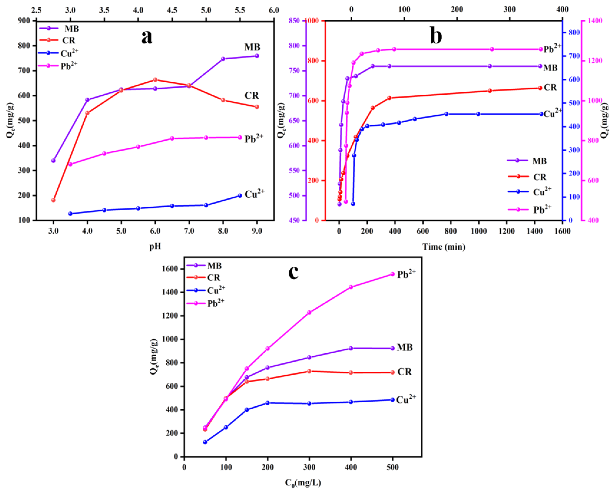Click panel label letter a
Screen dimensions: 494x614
tap(147, 37)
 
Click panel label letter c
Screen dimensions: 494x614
tap(293, 272)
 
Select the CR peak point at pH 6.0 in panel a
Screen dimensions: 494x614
tap(155, 80)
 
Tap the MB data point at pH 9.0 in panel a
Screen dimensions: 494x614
tap(257, 56)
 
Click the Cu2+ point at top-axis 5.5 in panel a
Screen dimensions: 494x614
tap(240, 195)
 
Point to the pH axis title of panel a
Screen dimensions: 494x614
tap(155, 246)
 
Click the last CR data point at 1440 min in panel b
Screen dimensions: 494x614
tap(540, 88)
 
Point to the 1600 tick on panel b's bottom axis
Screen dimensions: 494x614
tap(562, 231)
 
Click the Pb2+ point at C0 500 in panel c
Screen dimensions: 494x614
tap(392, 274)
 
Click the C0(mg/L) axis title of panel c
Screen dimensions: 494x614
tap(303, 483)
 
